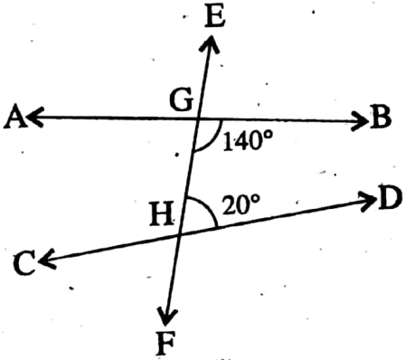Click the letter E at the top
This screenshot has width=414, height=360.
[213, 18]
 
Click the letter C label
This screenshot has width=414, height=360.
[24, 264]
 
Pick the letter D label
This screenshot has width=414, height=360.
[390, 199]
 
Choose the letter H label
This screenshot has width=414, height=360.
[163, 216]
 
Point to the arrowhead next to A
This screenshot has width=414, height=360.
[33, 117]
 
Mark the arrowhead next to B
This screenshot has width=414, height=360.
[358, 118]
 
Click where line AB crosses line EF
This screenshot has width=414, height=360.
[198, 118]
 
